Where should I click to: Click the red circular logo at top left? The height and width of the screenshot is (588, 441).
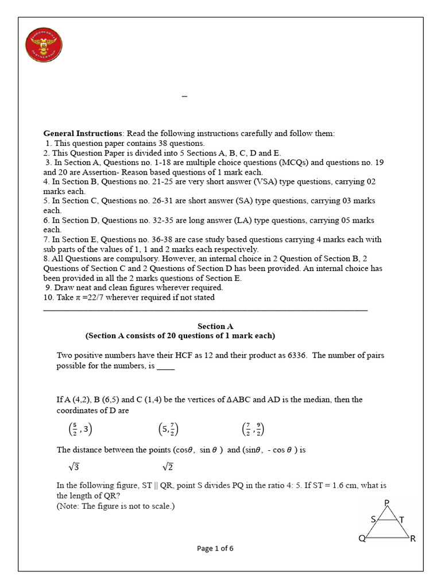(x=44, y=47)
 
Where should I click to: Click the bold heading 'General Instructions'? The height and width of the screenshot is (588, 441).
(x=83, y=133)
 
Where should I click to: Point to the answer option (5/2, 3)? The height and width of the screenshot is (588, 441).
(x=77, y=429)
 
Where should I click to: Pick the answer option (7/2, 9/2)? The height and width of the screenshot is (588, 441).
(x=253, y=429)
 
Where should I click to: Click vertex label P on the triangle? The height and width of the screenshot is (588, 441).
(x=386, y=503)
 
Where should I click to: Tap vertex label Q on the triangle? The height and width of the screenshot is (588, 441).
(x=362, y=539)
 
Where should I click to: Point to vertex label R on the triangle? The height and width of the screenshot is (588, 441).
(x=412, y=539)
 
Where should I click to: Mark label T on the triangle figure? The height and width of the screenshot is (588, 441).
(x=402, y=520)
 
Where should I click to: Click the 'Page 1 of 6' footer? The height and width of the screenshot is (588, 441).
(x=215, y=548)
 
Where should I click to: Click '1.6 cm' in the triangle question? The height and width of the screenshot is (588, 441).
(x=338, y=486)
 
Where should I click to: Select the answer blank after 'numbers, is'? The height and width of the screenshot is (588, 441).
(x=165, y=366)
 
